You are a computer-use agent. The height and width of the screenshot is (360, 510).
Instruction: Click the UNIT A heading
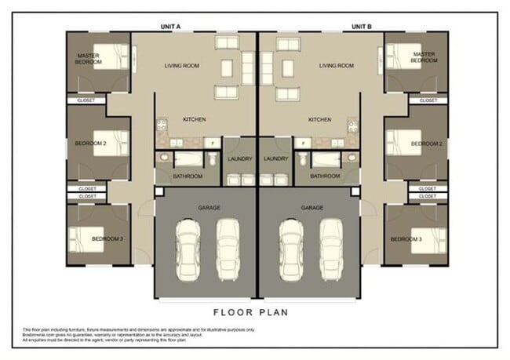point(170,26)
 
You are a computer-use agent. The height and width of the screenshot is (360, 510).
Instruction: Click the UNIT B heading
point(361,26)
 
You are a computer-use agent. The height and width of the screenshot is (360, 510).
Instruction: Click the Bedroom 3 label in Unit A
point(108,238)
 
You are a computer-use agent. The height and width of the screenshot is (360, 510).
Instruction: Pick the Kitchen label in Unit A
point(194,119)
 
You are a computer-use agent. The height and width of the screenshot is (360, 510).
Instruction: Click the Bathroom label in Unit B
point(324,176)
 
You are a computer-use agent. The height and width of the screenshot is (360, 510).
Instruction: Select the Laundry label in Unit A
point(239,159)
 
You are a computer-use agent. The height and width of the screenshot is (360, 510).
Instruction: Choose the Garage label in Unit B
point(312,208)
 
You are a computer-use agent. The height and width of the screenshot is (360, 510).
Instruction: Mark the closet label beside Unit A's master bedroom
point(86,100)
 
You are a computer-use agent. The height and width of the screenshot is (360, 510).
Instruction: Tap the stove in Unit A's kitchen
point(162,125)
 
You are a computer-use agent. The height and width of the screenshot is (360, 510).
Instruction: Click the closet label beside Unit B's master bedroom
point(428,100)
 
